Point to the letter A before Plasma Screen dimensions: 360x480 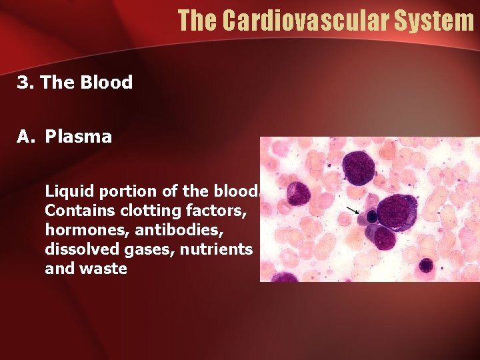(24, 137)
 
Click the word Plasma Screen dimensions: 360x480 (79, 137)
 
